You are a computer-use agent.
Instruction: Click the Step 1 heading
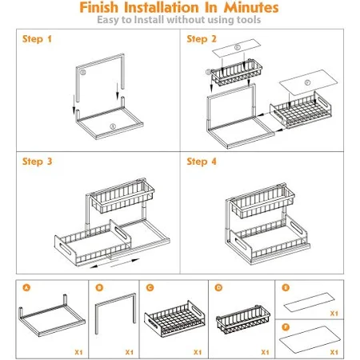click(37, 39)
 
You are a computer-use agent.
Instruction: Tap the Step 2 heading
click(202, 39)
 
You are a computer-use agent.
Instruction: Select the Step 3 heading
click(37, 162)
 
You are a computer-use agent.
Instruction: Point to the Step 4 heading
click(202, 162)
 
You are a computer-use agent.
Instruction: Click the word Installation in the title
click(162, 7)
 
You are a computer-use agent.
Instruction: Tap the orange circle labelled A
click(26, 287)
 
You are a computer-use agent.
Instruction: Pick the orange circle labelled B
click(99, 287)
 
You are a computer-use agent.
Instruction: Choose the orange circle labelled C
click(150, 287)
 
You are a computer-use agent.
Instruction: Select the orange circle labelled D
click(218, 287)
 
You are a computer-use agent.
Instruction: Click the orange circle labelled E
click(286, 287)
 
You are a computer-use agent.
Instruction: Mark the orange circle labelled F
click(286, 327)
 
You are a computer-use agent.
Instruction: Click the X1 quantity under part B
click(130, 352)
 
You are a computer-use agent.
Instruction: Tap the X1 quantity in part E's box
click(334, 314)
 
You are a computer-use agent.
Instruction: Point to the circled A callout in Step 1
click(113, 126)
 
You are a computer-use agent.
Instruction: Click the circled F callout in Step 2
click(307, 82)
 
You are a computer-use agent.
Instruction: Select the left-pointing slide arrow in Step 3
click(100, 265)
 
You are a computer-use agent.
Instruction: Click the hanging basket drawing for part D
click(243, 319)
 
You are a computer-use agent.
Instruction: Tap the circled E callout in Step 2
click(238, 47)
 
